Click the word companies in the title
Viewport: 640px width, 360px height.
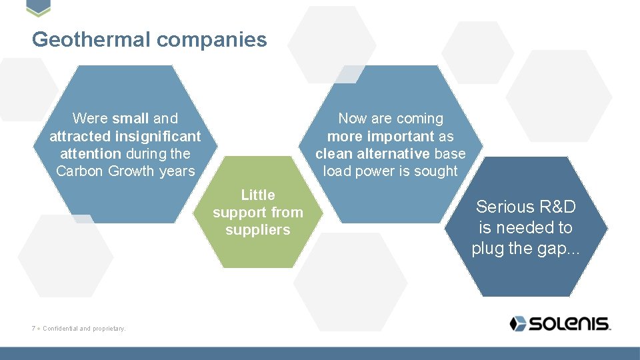point(211,40)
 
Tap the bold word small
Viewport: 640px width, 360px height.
point(131,119)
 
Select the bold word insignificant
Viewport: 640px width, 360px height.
point(158,136)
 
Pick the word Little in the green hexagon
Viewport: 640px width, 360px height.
point(258,195)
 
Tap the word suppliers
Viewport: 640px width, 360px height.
point(258,230)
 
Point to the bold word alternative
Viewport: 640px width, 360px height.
point(393,153)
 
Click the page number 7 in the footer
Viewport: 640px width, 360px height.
point(33,328)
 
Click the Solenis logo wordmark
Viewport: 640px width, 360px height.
point(570,324)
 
